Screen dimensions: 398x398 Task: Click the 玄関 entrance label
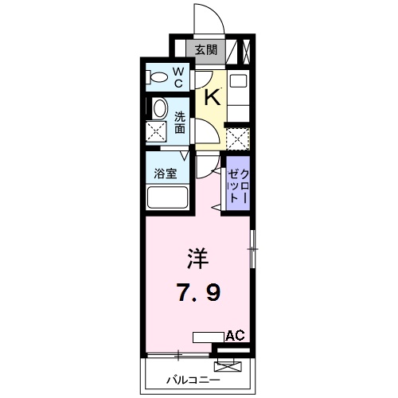pyautogui.click(x=206, y=50)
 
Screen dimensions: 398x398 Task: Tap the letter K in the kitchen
pyautogui.click(x=212, y=97)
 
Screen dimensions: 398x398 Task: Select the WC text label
pyautogui.click(x=179, y=78)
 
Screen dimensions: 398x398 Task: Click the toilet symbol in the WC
pyautogui.click(x=159, y=78)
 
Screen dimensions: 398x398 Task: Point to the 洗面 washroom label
pyautogui.click(x=181, y=120)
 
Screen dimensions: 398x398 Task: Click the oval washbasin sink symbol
pyautogui.click(x=159, y=110)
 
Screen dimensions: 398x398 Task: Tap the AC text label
pyautogui.click(x=235, y=336)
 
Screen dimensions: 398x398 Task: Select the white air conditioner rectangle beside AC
pyautogui.click(x=209, y=337)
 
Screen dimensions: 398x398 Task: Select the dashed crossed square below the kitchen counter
pyautogui.click(x=237, y=139)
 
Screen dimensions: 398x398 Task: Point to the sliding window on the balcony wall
pyautogui.click(x=179, y=353)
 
